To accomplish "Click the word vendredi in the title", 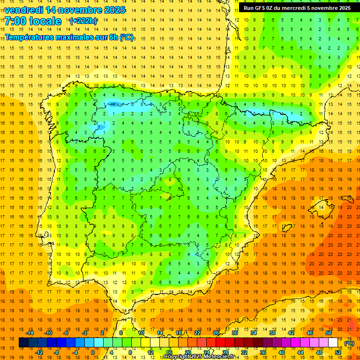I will click(24, 10).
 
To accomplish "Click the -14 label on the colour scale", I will click(30, 333).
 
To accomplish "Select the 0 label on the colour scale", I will click(92, 352).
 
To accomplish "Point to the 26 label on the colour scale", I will click(216, 333).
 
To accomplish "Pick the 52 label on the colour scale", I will click(338, 352).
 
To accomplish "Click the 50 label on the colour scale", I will click(328, 333).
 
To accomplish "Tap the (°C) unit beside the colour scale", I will click(349, 343).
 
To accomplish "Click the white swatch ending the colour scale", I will click(333, 343).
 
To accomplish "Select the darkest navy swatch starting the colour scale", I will click(23, 343).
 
